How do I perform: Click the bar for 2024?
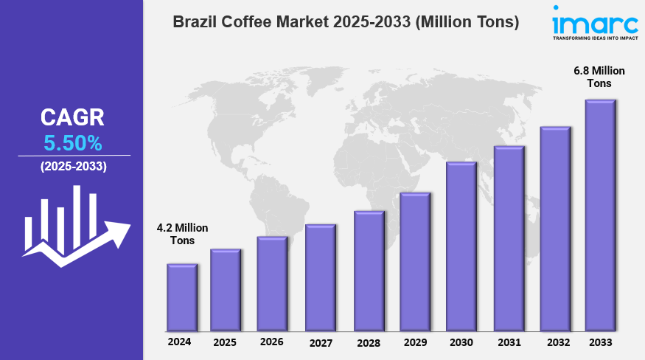click(x=181, y=297)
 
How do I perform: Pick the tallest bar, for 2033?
click(x=600, y=215)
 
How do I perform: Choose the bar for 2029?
click(x=415, y=261)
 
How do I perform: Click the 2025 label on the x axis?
click(x=225, y=342)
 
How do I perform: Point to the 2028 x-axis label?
click(x=369, y=343)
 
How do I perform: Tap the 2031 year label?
click(x=509, y=342)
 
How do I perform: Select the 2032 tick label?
click(x=558, y=342)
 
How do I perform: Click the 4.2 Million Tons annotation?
click(x=183, y=234)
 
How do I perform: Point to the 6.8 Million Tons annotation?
click(x=599, y=77)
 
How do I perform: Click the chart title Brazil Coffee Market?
click(x=346, y=22)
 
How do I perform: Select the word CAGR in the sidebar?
click(x=72, y=117)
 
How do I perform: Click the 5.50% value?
click(x=72, y=142)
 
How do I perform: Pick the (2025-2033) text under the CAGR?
click(x=74, y=167)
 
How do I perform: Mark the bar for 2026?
click(x=272, y=283)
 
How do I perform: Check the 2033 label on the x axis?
click(x=600, y=342)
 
